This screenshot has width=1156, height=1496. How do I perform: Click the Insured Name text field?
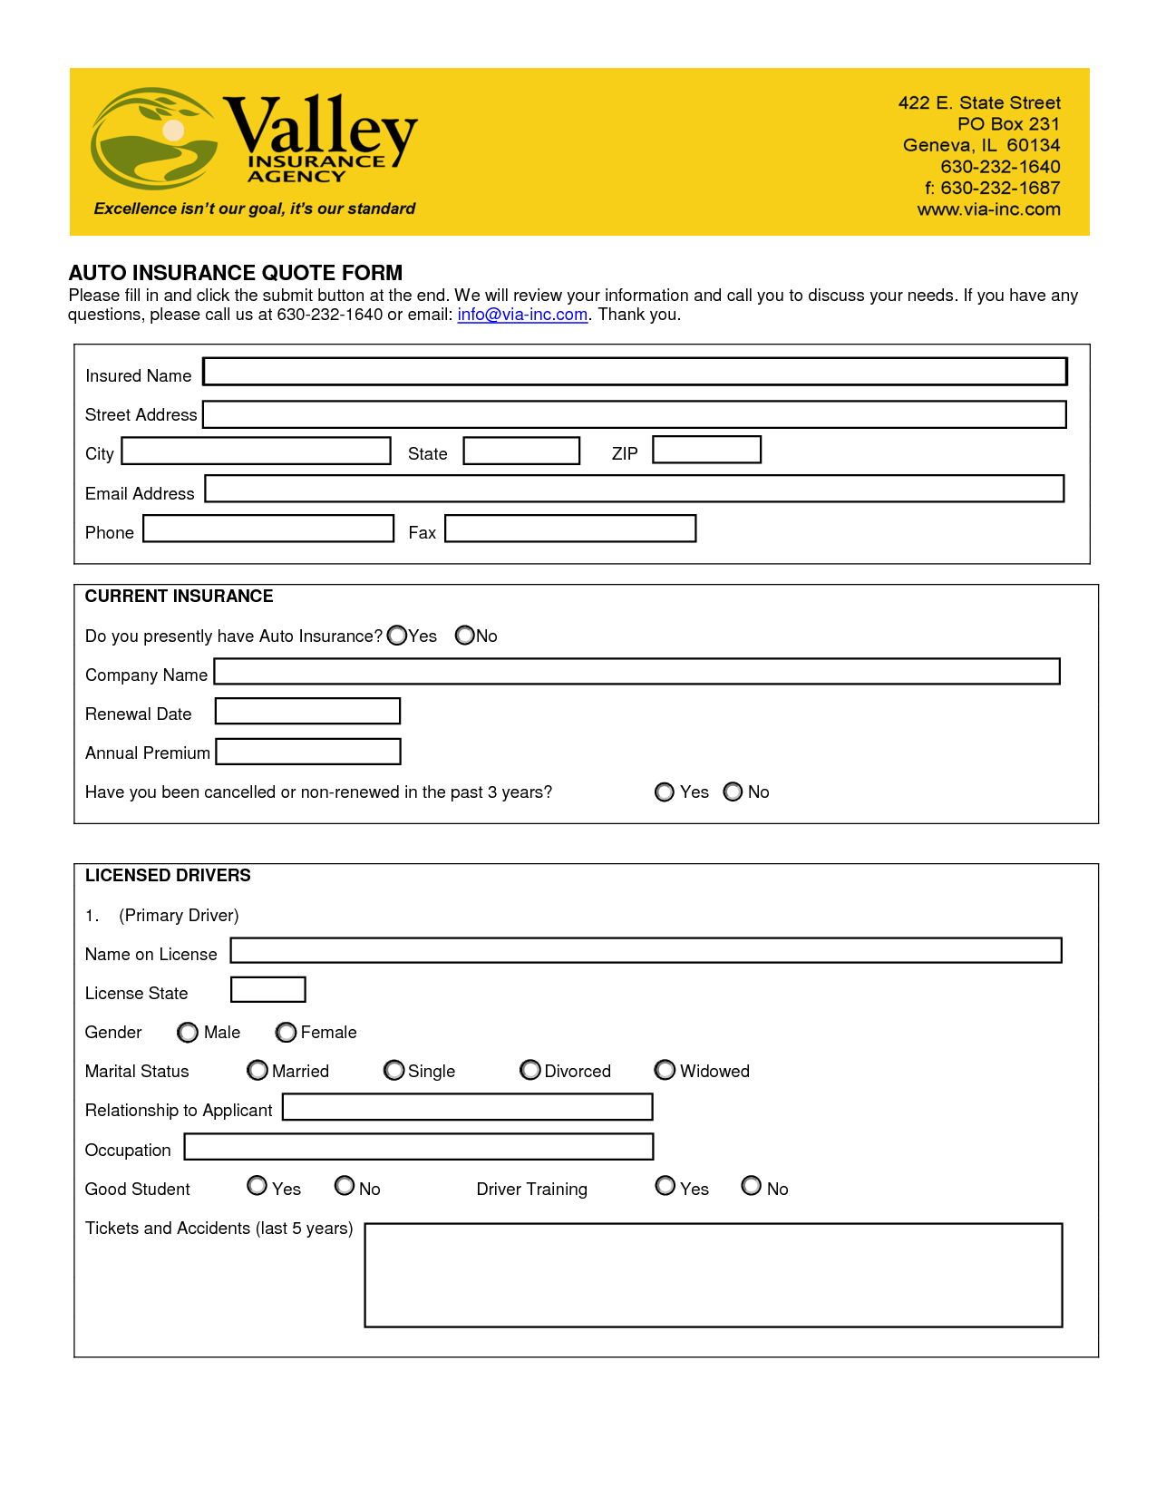(x=635, y=372)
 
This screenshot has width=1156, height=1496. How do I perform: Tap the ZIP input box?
(x=706, y=450)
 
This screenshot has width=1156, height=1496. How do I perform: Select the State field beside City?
(x=521, y=451)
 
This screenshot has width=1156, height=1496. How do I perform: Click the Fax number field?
(x=570, y=529)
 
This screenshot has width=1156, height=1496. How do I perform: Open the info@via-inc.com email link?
(x=522, y=315)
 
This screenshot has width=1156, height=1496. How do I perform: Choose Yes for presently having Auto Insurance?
(x=397, y=636)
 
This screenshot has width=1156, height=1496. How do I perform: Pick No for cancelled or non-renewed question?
(x=733, y=792)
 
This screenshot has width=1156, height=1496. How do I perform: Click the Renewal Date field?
(x=307, y=711)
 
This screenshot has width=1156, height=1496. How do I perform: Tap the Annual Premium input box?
(x=308, y=752)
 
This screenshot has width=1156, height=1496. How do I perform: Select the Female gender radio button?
(x=287, y=1033)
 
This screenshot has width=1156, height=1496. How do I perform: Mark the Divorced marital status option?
(x=530, y=1071)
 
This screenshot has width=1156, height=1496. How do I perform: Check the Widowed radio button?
(x=665, y=1071)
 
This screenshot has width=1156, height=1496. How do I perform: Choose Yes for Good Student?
(x=257, y=1186)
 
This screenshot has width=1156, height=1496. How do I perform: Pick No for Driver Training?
(x=752, y=1186)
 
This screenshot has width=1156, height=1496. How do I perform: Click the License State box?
(x=268, y=989)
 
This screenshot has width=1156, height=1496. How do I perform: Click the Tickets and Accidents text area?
(x=713, y=1275)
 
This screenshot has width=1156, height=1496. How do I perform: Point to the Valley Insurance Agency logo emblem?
(x=154, y=138)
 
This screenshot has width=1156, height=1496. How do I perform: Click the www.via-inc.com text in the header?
(x=988, y=209)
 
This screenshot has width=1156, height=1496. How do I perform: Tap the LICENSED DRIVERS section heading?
(x=168, y=875)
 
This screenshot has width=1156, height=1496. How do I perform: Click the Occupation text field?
(x=418, y=1147)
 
